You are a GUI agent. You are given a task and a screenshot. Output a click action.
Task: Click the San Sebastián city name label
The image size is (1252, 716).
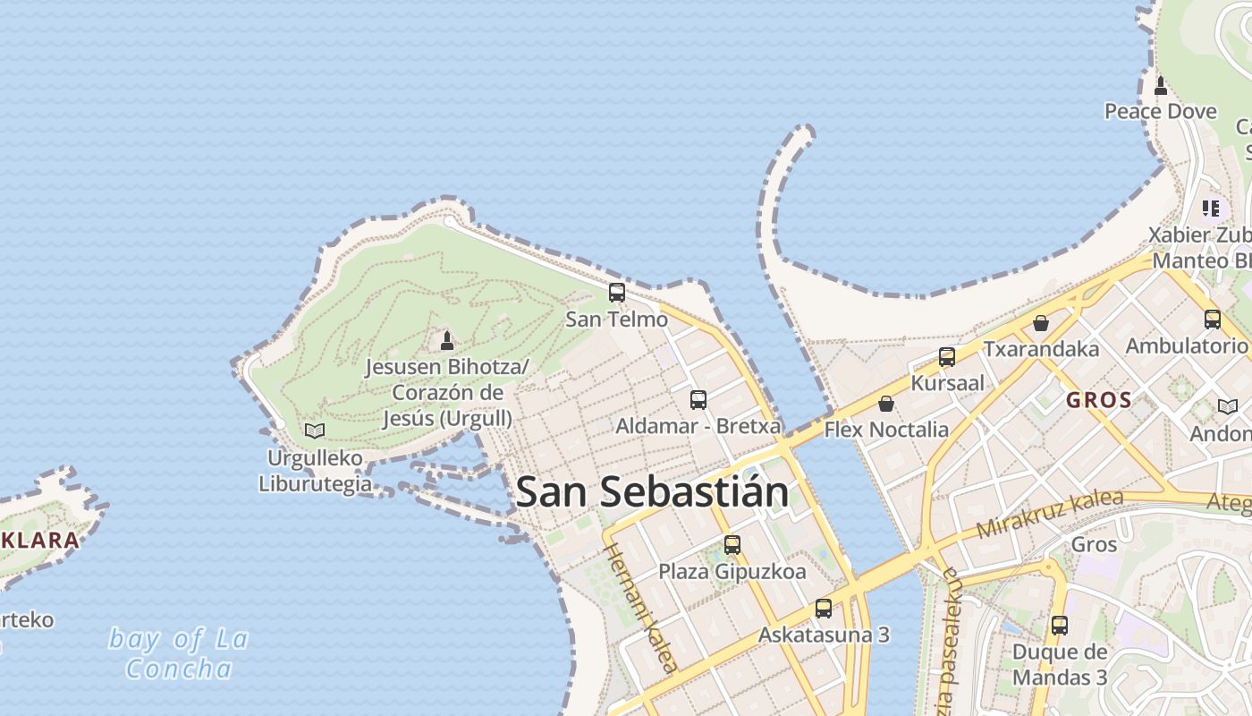pos(652,492)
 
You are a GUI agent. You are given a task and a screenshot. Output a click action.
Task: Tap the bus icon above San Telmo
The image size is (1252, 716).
pos(617,292)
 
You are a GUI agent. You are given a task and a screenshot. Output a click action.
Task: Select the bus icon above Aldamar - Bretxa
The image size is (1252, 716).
pos(698,399)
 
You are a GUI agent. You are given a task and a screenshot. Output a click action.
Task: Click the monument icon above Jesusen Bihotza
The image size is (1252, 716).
pos(447,340)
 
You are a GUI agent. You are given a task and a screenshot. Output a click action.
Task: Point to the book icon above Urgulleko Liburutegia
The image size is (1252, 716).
pos(315,430)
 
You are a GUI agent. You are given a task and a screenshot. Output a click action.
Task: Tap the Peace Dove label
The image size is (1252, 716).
pos(1160,111)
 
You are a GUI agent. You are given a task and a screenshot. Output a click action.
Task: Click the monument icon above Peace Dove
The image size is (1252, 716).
pos(1161,86)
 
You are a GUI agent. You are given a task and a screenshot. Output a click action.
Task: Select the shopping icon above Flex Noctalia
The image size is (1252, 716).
pos(885,404)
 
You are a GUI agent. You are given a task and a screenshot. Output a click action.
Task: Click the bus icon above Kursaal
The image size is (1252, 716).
pos(947,357)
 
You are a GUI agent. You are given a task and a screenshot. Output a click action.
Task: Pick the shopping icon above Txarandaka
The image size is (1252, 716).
pos(1041,323)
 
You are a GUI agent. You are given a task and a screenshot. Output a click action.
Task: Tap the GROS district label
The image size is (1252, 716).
pos(1099,400)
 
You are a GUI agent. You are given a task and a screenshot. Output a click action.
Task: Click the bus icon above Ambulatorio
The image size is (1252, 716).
pos(1213,319)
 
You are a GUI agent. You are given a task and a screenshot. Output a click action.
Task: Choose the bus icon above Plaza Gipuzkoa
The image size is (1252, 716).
pos(732,544)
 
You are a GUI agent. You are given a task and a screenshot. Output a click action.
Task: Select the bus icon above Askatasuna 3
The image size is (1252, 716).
pos(824,609)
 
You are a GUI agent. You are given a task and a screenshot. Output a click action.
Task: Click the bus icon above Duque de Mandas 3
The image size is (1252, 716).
pos(1060,625)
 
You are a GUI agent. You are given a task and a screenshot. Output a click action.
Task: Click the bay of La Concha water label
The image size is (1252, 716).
pos(179,653)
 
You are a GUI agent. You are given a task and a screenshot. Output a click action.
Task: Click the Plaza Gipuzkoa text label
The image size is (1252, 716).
pos(732,571)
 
